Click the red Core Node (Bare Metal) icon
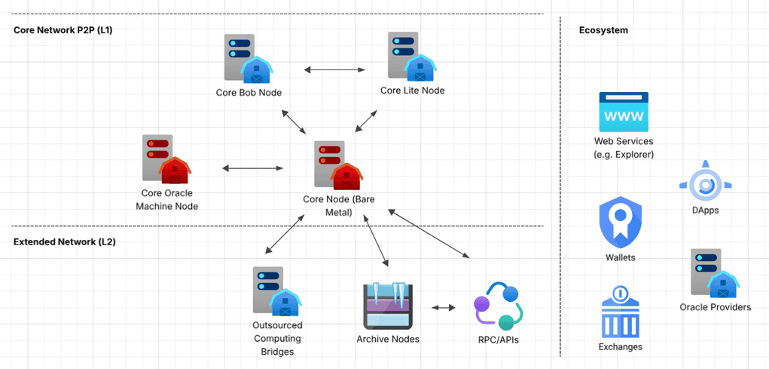pyautogui.click(x=337, y=163)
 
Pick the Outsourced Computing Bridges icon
pyautogui.click(x=276, y=291)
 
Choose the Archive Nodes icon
pyautogui.click(x=386, y=306)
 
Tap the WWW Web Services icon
pyautogui.click(x=623, y=112)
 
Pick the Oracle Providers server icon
pyautogui.click(x=714, y=273)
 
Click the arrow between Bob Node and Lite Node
pyautogui.click(x=334, y=70)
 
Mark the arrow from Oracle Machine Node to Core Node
pyautogui.click(x=252, y=168)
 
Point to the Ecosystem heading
pyautogui.click(x=603, y=30)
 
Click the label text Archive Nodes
pyautogui.click(x=387, y=339)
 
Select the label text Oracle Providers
pyautogui.click(x=715, y=307)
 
